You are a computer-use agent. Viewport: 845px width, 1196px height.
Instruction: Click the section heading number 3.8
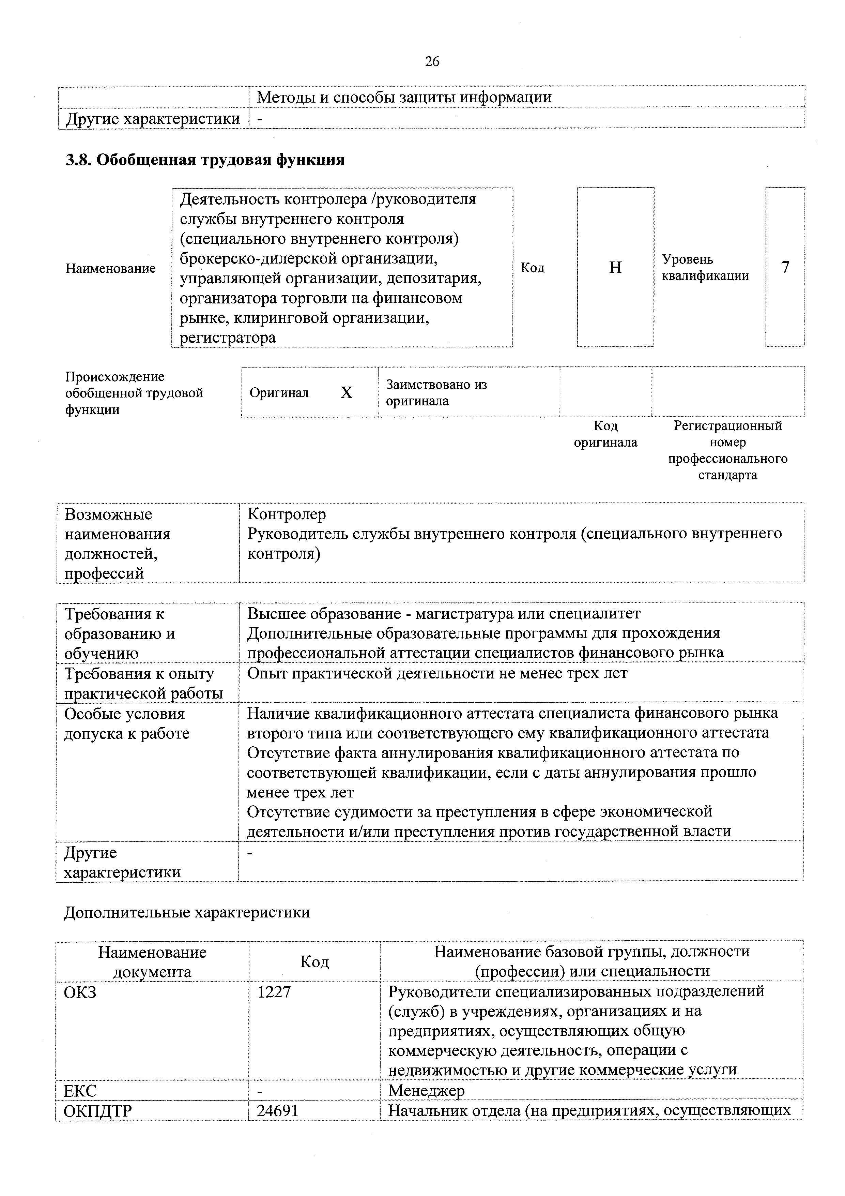(x=79, y=160)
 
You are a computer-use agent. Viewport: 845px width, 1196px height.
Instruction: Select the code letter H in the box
(x=615, y=268)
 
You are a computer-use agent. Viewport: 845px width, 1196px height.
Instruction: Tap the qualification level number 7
(x=785, y=267)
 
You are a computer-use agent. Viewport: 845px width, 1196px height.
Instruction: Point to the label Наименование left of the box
(x=110, y=268)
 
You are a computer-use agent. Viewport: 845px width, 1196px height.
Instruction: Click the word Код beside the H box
(x=533, y=268)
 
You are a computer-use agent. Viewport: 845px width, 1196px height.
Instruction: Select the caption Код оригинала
(x=605, y=434)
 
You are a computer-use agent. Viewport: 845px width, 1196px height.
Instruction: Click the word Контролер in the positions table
(x=287, y=514)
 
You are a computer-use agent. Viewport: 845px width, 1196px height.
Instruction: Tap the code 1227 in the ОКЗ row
(x=274, y=992)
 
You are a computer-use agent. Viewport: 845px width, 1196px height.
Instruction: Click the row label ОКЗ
(x=80, y=992)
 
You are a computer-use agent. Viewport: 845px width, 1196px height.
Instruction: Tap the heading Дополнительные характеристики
(x=186, y=912)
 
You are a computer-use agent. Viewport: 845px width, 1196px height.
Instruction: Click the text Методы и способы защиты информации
(x=404, y=97)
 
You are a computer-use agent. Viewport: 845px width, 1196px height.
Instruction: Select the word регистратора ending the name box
(x=228, y=338)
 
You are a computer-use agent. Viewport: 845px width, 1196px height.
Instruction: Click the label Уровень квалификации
(x=705, y=268)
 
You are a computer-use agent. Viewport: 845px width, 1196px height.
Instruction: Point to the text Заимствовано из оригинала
(x=436, y=393)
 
